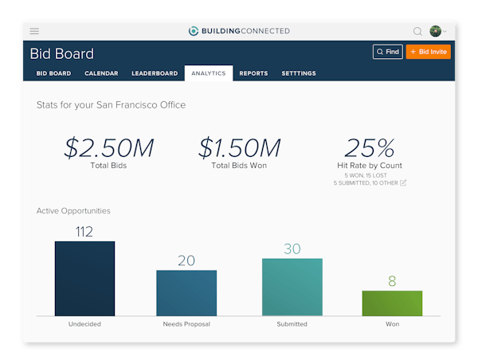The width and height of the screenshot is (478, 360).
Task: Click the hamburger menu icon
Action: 34,31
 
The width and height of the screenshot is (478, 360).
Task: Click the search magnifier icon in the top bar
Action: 417,31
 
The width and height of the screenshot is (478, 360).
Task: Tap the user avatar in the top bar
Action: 435,31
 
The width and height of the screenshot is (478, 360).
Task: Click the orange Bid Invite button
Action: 429,52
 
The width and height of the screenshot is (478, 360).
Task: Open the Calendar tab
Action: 101,73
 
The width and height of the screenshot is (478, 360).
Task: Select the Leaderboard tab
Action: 155,73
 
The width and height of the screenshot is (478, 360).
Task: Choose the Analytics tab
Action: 208,73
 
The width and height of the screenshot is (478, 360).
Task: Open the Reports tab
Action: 253,73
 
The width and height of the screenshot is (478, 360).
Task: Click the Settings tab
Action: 299,73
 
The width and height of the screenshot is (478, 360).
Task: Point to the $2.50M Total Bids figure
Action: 109,148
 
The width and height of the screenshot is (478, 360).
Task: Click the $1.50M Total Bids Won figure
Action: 240,148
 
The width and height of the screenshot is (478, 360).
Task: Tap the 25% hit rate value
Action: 370,148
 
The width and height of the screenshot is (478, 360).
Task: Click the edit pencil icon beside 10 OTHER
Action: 403,182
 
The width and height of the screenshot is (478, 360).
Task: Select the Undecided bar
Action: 84,279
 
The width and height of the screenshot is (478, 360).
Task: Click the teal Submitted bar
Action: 292,287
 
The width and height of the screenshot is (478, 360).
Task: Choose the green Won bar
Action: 392,303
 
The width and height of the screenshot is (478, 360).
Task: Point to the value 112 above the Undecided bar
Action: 84,232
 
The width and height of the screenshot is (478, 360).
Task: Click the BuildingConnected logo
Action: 238,31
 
